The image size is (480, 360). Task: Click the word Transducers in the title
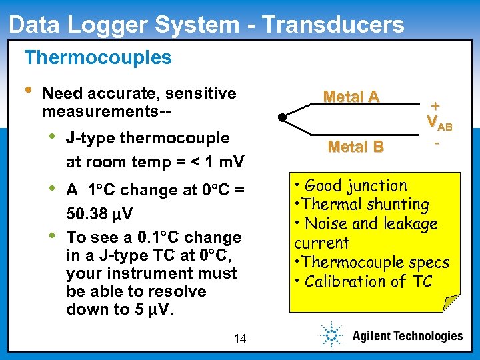click(x=333, y=24)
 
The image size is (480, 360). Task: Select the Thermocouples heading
click(x=98, y=57)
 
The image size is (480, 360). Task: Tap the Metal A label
click(x=351, y=97)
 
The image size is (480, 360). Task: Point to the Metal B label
click(x=355, y=147)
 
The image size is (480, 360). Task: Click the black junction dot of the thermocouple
click(x=282, y=118)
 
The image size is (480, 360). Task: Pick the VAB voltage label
click(x=439, y=123)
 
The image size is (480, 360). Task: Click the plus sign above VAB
click(x=435, y=105)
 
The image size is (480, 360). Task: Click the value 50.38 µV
click(x=99, y=215)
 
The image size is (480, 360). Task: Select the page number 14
click(x=240, y=339)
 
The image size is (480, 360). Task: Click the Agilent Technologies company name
click(x=407, y=336)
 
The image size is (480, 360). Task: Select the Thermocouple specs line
click(x=371, y=262)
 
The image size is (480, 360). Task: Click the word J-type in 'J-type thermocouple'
click(x=90, y=138)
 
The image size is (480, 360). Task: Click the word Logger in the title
click(x=108, y=24)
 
